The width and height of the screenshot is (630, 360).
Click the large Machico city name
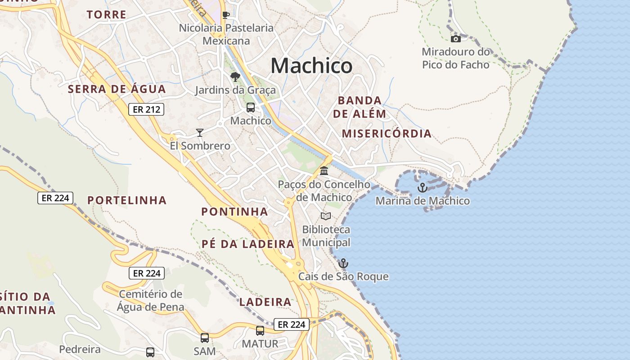pyautogui.click(x=311, y=66)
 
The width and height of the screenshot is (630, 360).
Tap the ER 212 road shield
pyautogui.click(x=146, y=109)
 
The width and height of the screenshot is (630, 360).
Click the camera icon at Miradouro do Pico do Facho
pyautogui.click(x=456, y=39)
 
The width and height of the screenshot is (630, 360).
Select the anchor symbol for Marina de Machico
pyautogui.click(x=422, y=188)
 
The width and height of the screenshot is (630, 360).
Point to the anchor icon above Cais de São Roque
pyautogui.click(x=343, y=263)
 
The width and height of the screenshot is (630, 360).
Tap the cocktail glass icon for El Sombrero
pyautogui.click(x=200, y=133)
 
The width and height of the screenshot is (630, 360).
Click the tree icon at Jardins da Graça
pyautogui.click(x=235, y=77)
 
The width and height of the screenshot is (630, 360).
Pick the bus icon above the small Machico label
pyautogui.click(x=251, y=108)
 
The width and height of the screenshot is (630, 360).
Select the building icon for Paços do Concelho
pyautogui.click(x=324, y=171)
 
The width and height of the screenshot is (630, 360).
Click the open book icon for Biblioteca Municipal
pyautogui.click(x=326, y=216)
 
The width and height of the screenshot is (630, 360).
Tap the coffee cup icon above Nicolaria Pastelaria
pyautogui.click(x=226, y=15)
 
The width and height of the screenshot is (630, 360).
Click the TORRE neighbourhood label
pyautogui.click(x=107, y=15)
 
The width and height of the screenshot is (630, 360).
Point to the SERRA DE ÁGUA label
pyautogui.click(x=117, y=89)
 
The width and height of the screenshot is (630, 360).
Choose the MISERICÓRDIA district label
pyautogui.click(x=387, y=134)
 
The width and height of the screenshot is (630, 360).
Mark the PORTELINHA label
pyautogui.click(x=127, y=200)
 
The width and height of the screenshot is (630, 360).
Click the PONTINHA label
pyautogui.click(x=234, y=211)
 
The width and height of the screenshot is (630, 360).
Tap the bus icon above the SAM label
pyautogui.click(x=205, y=337)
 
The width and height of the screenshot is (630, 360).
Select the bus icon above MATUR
pyautogui.click(x=260, y=331)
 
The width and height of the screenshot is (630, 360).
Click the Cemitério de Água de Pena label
pyautogui.click(x=151, y=301)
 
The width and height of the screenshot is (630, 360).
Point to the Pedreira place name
pyautogui.click(x=80, y=349)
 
